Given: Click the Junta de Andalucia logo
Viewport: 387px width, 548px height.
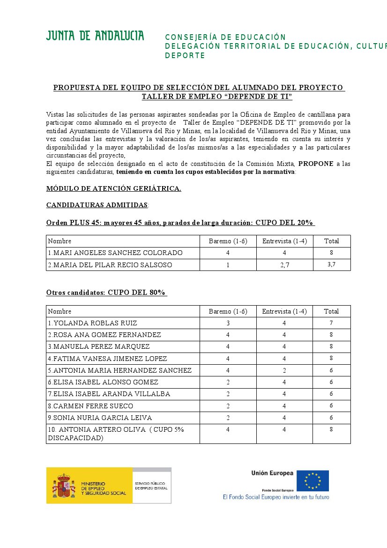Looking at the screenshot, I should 95,36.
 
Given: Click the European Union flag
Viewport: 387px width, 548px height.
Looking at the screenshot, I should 316,481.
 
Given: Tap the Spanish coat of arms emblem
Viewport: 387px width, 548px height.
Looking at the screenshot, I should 63,486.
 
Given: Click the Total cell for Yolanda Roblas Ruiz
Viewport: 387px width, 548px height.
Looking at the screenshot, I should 331,323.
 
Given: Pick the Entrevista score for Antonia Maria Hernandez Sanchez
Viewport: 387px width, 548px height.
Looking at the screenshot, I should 284,370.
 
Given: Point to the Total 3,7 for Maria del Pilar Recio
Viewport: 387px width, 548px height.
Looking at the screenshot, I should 331,265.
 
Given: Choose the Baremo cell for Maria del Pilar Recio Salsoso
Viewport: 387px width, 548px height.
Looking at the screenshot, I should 228,265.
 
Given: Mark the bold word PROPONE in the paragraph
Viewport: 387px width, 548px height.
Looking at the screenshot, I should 315,164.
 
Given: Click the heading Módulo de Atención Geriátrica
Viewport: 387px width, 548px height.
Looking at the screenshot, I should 113,188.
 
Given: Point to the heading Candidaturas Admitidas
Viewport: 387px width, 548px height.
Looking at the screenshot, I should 97,205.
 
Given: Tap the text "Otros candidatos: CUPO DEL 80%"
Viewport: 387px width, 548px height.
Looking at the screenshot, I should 106,293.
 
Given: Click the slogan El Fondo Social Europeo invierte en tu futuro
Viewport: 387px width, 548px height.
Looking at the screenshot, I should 276,497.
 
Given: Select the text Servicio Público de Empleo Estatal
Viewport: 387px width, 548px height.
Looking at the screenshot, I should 151,486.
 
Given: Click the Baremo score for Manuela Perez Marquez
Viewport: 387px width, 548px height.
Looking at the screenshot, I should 228,346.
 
